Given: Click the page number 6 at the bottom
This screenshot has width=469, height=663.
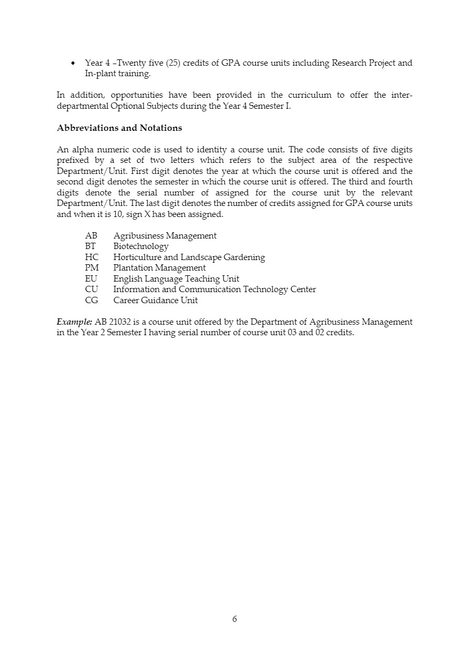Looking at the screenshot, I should pyautogui.click(x=234, y=619).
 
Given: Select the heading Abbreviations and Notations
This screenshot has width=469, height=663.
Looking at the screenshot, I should pyautogui.click(x=119, y=128).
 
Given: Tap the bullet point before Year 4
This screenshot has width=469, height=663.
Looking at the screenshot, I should pyautogui.click(x=73, y=64).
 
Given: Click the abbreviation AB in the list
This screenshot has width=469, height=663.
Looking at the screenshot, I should pyautogui.click(x=91, y=236).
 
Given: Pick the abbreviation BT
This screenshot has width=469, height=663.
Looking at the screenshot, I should pyautogui.click(x=90, y=246).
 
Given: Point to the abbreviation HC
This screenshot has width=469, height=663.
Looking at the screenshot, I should pyautogui.click(x=91, y=257).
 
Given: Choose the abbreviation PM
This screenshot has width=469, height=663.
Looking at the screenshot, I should pyautogui.click(x=91, y=268).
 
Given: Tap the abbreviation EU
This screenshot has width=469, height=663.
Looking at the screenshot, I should pyautogui.click(x=91, y=279).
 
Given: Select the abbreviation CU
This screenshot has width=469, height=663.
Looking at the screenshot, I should pyautogui.click(x=91, y=289).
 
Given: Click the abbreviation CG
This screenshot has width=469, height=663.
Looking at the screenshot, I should pyautogui.click(x=91, y=301).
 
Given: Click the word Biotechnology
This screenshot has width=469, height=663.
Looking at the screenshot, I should pyautogui.click(x=141, y=246).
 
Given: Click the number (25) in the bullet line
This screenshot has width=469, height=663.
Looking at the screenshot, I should pyautogui.click(x=173, y=63).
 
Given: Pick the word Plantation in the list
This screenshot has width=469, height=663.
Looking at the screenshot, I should pyautogui.click(x=133, y=268).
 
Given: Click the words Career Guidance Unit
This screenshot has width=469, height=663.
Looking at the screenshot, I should pyautogui.click(x=155, y=301).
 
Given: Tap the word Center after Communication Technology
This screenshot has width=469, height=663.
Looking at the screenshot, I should pyautogui.click(x=303, y=289).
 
